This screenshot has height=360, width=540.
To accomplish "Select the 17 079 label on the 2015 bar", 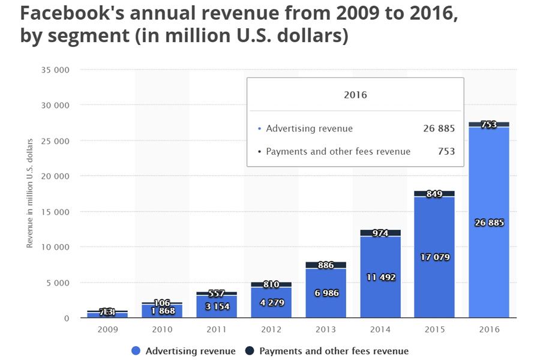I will click(434, 257).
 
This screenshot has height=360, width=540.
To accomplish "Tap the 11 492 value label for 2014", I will click(380, 277).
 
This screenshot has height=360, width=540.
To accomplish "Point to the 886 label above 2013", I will click(326, 265).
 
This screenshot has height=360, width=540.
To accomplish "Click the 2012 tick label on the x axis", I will click(271, 329).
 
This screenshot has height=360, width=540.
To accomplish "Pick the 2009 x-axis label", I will click(108, 329).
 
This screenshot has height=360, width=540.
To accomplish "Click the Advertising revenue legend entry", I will click(182, 351).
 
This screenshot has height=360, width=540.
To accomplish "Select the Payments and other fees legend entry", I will click(328, 351).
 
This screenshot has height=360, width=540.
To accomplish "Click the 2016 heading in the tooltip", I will click(355, 95).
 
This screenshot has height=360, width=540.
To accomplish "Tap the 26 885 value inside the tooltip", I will click(438, 128).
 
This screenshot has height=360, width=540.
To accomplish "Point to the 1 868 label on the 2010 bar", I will click(162, 311).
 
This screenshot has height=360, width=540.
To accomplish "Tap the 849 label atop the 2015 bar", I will click(434, 194).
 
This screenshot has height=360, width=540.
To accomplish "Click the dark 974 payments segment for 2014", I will click(380, 233).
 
